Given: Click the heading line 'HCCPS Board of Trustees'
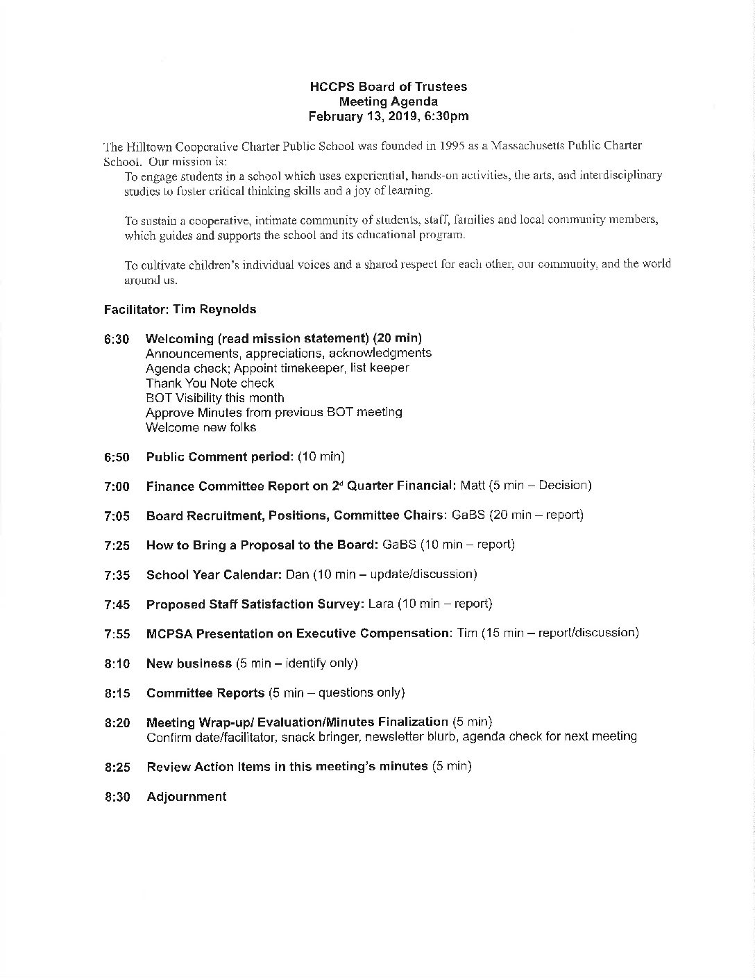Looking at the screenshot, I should point(388,87).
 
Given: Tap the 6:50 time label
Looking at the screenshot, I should point(117,457).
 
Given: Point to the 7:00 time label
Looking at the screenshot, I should point(117,487).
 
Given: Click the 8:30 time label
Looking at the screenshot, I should point(117,797).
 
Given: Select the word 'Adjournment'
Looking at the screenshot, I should point(186,797).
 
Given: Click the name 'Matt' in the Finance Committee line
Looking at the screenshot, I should point(473,486).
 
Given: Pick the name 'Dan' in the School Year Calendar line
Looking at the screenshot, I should point(297,574).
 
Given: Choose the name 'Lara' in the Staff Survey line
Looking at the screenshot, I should point(381,604).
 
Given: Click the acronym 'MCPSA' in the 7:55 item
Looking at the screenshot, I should point(170,633).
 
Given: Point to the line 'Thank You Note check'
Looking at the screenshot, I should point(210,383).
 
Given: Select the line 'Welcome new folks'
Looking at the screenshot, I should point(201,427).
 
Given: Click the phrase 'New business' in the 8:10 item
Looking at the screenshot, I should point(189,663).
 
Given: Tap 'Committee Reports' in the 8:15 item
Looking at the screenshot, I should point(205,693).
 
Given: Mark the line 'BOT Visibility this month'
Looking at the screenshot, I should point(214,398).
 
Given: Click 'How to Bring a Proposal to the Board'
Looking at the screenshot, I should point(262,545).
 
